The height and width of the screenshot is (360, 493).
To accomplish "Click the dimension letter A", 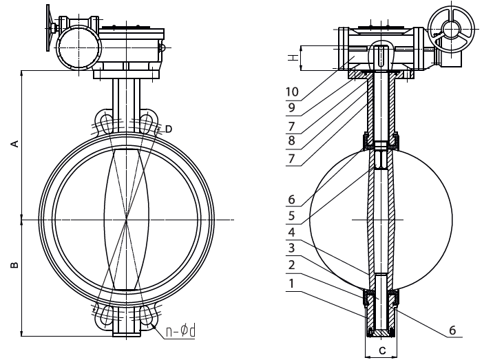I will click(x=14, y=143).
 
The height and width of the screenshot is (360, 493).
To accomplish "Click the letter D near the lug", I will click(x=168, y=129).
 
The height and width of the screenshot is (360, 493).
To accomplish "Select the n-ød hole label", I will click(x=182, y=332).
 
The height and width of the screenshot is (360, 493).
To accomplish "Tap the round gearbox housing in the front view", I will click(x=76, y=49).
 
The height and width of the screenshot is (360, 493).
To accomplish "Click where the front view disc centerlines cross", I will click(x=127, y=220).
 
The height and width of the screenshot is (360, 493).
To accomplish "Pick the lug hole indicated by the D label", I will click(x=146, y=123).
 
